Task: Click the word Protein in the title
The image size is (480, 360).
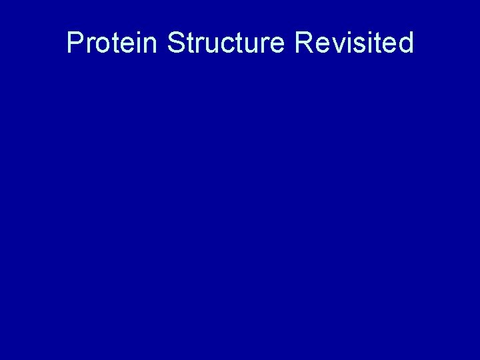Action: [x=113, y=43]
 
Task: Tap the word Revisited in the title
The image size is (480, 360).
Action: [x=353, y=43]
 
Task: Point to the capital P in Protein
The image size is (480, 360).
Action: [x=75, y=43]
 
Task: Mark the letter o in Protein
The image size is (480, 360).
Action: [x=101, y=45]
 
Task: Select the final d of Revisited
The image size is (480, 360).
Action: [x=406, y=43]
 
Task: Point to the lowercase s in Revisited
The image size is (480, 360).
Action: [x=359, y=45]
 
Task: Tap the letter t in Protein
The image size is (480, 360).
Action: [x=114, y=43]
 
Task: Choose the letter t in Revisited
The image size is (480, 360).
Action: [x=378, y=43]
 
